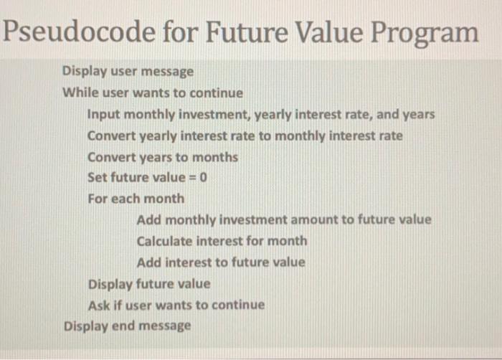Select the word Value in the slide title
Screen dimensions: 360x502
[313, 32]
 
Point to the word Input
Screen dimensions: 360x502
[102, 114]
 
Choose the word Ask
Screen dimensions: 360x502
[98, 305]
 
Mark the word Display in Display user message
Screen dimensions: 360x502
[85, 72]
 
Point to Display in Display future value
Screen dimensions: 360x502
[110, 284]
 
